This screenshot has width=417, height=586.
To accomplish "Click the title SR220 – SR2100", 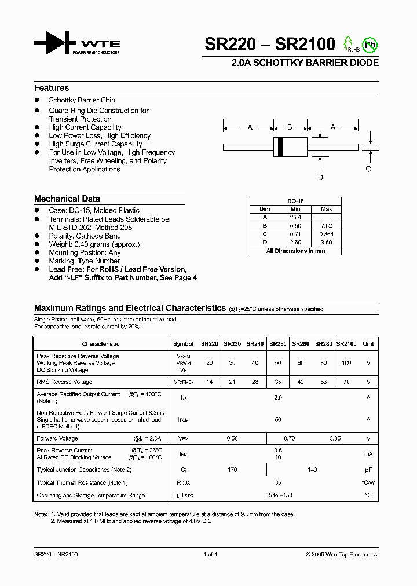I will click(270, 45).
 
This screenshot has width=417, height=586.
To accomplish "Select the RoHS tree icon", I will click(349, 43).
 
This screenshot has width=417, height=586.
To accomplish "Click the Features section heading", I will click(52, 88).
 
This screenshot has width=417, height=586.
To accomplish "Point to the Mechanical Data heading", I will click(67, 199).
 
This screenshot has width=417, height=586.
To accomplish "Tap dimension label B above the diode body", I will click(290, 127).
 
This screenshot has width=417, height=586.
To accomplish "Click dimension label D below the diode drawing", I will click(320, 178).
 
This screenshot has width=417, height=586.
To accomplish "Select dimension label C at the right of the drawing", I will click(368, 169).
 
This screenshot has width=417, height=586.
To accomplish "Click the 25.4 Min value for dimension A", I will click(295, 217).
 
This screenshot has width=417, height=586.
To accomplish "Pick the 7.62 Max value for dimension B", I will click(326, 225).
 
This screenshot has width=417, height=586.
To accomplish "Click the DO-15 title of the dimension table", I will click(295, 201).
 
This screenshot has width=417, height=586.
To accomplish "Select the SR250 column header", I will click(277, 343).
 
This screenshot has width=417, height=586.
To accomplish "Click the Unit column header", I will click(368, 343).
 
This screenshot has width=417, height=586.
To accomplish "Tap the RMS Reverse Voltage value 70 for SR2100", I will click(346, 382).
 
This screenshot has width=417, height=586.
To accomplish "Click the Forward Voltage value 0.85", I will click(335, 438).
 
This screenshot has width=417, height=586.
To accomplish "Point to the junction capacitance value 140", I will click(312, 470).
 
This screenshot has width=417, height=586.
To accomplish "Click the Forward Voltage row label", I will click(57, 438).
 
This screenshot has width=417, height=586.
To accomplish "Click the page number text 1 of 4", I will click(210, 554).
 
